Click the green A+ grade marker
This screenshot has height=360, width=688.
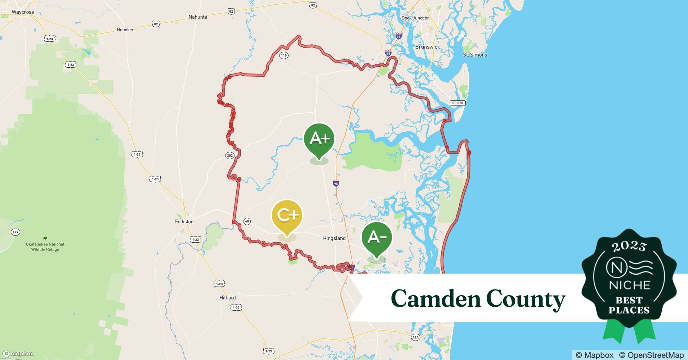(319, 139)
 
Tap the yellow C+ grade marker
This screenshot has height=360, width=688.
(287, 216)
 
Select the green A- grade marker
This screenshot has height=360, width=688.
(377, 237)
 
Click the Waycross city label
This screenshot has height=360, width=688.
(23, 12)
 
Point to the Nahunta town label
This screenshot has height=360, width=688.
(198, 17)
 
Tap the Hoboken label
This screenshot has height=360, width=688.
(126, 30)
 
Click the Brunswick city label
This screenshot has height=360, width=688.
(428, 47)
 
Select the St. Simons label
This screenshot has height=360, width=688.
(475, 55)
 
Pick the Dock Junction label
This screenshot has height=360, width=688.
(415, 18)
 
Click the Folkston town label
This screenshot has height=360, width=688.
(184, 221)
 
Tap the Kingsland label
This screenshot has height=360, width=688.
(334, 238)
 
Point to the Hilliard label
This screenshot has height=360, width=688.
(228, 297)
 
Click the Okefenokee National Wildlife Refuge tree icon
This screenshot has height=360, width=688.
(45, 238)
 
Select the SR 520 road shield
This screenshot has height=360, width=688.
(457, 103)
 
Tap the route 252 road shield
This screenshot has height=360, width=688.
(230, 156)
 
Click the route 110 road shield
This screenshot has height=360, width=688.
(284, 55)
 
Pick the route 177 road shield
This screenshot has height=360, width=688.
(15, 232)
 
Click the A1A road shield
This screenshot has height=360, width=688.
(415, 337)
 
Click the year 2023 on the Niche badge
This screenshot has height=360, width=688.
(629, 246)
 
